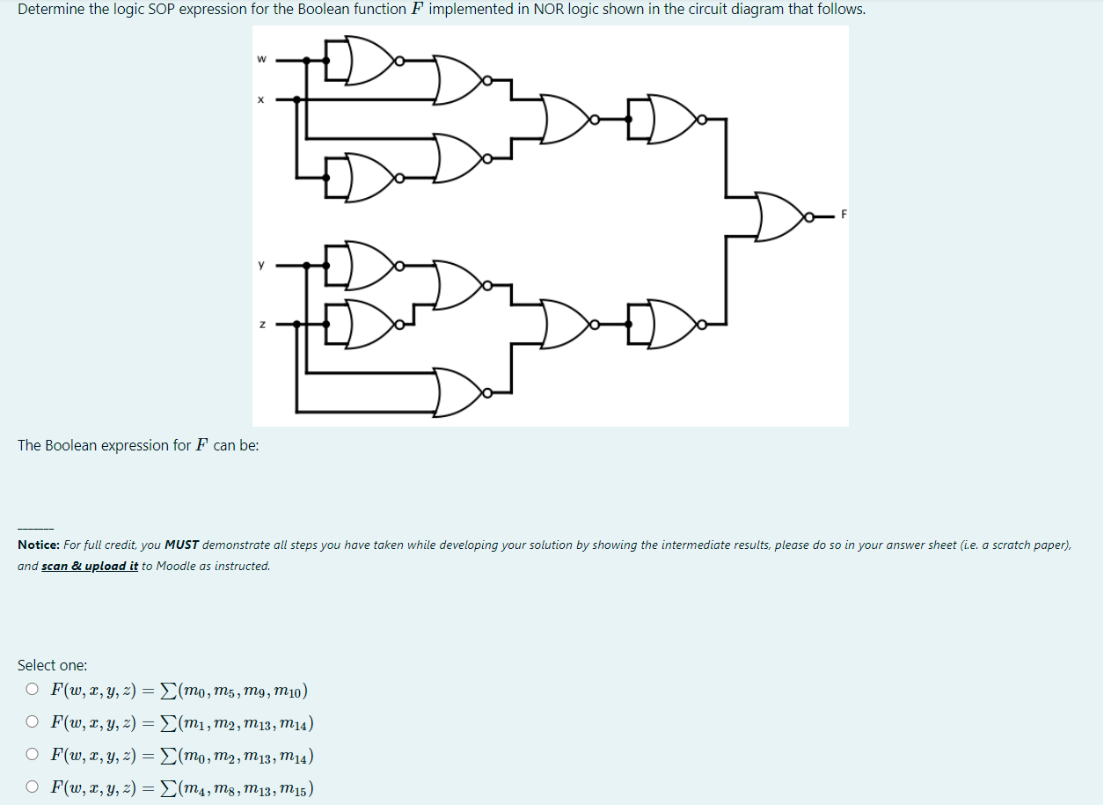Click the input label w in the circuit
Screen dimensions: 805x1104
[x=260, y=60]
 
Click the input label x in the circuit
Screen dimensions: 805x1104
[x=260, y=99]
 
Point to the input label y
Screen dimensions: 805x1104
[x=260, y=264]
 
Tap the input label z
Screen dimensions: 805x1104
[x=260, y=325]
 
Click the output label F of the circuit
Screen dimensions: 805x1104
[x=842, y=215]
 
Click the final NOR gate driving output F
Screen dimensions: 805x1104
[x=779, y=215]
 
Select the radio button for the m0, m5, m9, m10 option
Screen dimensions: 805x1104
[x=32, y=690]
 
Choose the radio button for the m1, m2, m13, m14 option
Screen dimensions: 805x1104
[x=32, y=722]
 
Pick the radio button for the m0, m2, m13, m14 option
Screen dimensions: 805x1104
[x=32, y=754]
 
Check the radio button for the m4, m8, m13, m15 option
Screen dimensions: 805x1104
[x=32, y=787]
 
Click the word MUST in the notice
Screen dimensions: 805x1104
[x=181, y=545]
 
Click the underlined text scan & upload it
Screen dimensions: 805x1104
[x=90, y=567]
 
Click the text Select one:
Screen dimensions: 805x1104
[x=52, y=665]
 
